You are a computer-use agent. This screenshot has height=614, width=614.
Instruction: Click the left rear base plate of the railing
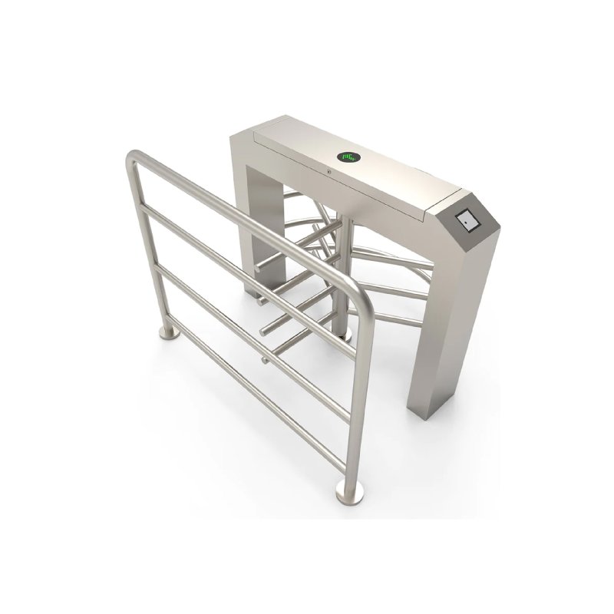click(169, 331)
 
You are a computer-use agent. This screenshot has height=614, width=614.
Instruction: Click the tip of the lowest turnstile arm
click(265, 359)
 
